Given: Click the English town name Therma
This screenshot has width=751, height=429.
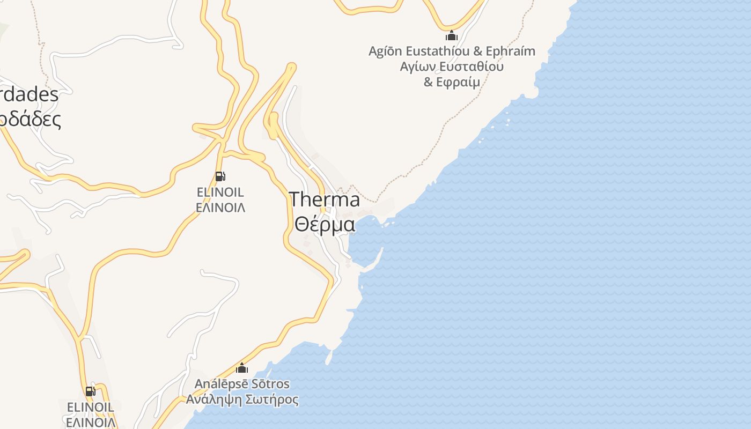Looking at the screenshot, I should pos(325,199).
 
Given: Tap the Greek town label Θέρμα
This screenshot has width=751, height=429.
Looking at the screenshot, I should pos(325,224).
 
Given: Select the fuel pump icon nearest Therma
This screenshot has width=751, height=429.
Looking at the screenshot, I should pos(220,176).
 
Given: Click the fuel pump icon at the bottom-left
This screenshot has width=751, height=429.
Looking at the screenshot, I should pos(90,391).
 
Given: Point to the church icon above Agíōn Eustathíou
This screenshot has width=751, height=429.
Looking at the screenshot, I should pos(452,36).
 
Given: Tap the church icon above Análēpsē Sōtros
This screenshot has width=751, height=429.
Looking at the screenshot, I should pos(242,368).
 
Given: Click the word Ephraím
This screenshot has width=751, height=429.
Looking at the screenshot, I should pos(510,51).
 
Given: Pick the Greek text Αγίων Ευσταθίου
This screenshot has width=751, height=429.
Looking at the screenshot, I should pos(452,67).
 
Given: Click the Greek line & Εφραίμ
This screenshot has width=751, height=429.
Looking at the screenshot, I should pos(452,82).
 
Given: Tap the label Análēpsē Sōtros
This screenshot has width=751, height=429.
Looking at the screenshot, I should pos(242,384).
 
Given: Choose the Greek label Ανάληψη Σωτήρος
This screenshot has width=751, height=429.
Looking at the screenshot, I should pos(242,400).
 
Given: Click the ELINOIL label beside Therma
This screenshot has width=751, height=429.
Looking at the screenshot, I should pos(220,192).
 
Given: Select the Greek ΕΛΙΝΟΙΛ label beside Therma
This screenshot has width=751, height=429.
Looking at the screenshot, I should pos(220,208).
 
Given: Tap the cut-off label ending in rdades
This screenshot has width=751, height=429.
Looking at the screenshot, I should pos(29,95).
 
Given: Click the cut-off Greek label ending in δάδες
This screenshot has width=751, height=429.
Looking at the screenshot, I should pos(30,119).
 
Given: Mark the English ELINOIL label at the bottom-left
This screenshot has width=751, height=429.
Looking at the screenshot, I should pos(90,408).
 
